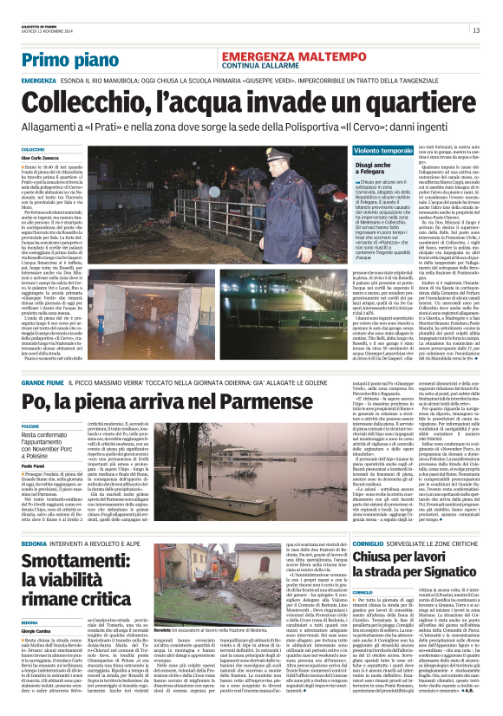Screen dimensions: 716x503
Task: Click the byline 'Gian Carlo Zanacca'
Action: pos(42,159)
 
